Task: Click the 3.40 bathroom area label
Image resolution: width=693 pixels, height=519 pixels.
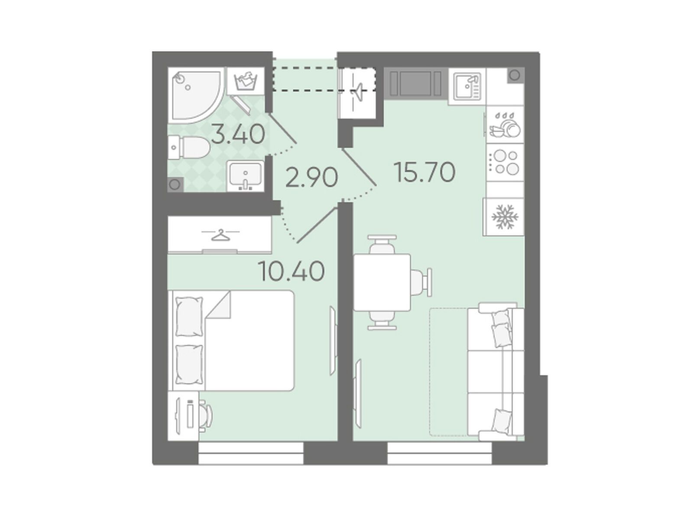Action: [x=237, y=134]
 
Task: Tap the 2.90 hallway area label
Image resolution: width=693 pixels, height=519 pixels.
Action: [x=311, y=177]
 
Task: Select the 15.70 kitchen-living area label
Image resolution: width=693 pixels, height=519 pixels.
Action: [x=425, y=172]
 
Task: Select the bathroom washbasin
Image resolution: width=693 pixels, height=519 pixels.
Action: [x=245, y=176]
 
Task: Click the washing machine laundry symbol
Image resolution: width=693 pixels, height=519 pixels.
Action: [x=245, y=81]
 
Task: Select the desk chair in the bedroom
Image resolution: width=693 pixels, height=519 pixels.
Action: [x=205, y=416]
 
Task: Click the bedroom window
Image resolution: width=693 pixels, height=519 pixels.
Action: [x=251, y=453]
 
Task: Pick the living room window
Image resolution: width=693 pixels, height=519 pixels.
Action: [x=440, y=453]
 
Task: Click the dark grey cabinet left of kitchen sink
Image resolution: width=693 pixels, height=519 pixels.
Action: [x=416, y=84]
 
